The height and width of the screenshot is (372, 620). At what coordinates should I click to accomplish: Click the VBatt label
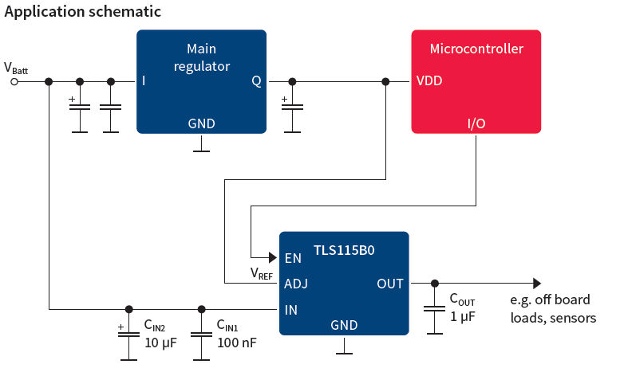(16, 69)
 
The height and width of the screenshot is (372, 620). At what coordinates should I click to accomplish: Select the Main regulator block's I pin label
(144, 81)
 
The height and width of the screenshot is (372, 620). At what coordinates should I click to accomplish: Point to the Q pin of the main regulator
(256, 81)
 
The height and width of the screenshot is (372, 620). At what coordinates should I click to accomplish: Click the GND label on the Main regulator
(201, 123)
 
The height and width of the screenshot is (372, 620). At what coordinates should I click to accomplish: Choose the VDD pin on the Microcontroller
(429, 81)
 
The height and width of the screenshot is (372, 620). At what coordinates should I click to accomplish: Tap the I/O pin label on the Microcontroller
(476, 123)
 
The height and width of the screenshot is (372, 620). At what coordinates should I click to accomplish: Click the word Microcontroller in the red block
(476, 49)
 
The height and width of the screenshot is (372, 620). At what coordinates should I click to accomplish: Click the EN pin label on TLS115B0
(293, 258)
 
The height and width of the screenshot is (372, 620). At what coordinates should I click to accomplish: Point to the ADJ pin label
(296, 284)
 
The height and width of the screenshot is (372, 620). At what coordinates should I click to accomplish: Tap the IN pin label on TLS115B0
(291, 309)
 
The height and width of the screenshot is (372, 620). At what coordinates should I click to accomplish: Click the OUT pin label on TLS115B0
(390, 284)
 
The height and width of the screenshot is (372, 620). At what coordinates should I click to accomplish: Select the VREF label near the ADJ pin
(262, 274)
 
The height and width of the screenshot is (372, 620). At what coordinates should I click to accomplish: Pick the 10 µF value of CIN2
(160, 343)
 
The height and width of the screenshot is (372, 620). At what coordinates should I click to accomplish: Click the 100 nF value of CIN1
(236, 343)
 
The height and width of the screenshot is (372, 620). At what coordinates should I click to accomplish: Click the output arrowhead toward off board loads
(537, 284)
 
